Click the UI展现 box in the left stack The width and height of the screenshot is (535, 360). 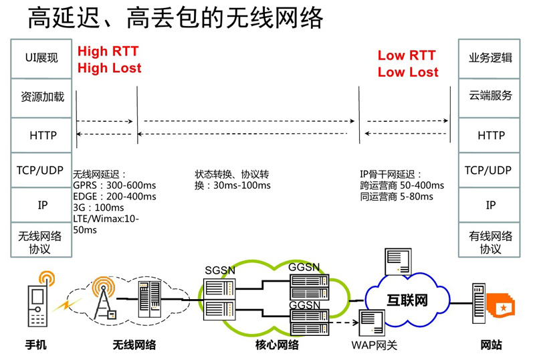41,58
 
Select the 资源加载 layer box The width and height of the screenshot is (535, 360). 41,97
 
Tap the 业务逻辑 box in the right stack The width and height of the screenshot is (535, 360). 490,58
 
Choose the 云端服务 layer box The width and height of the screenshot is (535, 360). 490,96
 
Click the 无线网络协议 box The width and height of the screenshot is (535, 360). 40,242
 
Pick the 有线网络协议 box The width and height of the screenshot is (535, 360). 490,242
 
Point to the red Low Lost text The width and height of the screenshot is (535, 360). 408,72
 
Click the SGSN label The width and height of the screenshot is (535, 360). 221,270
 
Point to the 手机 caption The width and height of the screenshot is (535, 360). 36,346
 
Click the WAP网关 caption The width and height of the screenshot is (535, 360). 374,346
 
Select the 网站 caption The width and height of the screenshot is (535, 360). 491,346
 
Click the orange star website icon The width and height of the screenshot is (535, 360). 502,307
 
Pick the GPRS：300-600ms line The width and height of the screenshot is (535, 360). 114,185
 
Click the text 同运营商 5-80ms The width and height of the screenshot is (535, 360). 396,197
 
